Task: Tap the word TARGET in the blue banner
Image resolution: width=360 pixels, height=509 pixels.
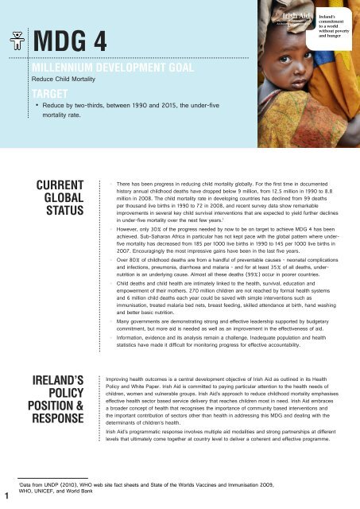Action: [x=48, y=94]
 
